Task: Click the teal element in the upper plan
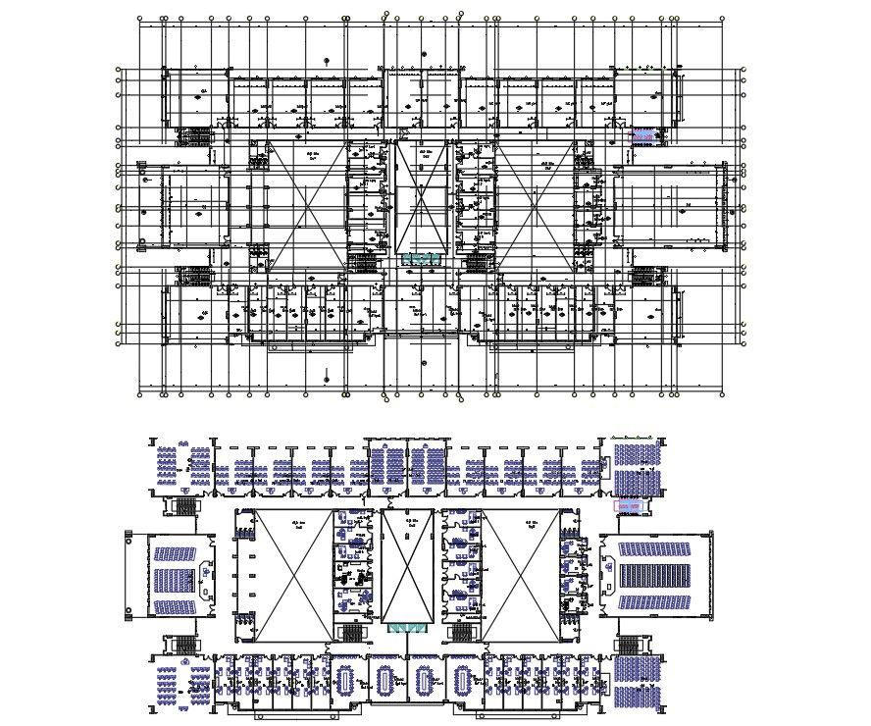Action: click(421, 258)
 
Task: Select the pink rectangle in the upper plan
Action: click(643, 135)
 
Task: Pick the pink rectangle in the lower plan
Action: click(628, 506)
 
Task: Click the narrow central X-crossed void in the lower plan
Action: click(406, 565)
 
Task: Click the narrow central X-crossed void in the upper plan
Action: click(421, 196)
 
